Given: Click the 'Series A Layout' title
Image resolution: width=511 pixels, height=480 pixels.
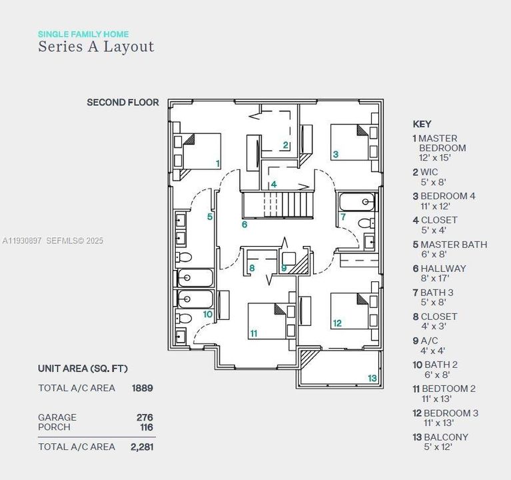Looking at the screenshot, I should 96,47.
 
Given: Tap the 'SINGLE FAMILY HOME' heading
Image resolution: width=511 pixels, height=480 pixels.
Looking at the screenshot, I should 83,34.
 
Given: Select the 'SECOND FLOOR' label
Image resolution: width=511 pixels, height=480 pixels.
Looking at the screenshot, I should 123,103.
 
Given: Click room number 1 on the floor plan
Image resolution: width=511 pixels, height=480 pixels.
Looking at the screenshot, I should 217,163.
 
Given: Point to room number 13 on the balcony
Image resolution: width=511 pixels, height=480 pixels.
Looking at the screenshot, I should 372,378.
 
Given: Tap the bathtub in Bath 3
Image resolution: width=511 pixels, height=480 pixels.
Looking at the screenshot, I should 356,201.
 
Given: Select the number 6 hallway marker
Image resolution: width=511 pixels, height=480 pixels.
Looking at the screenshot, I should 245,225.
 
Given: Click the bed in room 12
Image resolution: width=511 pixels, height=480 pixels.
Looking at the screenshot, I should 350,311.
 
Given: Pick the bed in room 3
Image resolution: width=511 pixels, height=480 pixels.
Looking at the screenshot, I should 350,142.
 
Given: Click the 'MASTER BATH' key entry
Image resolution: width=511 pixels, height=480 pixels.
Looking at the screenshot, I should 453,245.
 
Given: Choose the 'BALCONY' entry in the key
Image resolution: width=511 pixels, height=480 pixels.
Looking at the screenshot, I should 446,437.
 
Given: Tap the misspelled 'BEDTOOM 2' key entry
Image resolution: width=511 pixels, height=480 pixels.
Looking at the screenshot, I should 449,389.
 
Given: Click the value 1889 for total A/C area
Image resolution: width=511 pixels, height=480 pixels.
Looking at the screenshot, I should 143,388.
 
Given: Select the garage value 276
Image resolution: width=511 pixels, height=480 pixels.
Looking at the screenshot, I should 145,417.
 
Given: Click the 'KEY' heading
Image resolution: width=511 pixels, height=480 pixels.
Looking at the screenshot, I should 422,124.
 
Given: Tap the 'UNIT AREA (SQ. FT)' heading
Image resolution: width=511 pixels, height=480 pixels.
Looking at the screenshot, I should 83,369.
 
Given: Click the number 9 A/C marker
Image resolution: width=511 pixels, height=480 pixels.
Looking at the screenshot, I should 284,268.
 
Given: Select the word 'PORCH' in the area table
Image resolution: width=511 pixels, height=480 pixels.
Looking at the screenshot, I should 54,427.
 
